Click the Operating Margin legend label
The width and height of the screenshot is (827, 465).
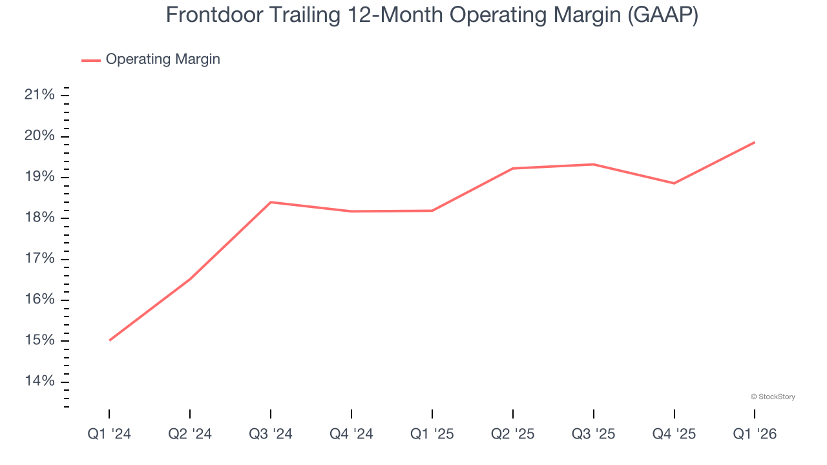click(163, 59)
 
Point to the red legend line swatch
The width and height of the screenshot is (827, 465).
click(91, 60)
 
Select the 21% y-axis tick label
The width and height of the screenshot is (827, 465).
click(39, 96)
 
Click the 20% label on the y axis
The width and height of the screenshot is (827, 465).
click(39, 136)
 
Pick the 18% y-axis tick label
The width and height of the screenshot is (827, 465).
click(39, 218)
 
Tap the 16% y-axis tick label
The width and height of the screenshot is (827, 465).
click(39, 300)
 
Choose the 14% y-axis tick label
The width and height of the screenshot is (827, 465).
click(39, 381)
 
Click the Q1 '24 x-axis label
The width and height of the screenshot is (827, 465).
click(109, 434)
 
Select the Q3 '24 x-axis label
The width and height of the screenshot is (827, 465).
click(271, 434)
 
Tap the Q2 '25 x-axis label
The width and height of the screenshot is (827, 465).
click(513, 434)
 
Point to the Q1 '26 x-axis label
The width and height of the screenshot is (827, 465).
click(755, 434)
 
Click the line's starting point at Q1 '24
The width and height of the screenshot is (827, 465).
click(110, 340)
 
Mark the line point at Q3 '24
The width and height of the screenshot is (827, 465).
click(271, 202)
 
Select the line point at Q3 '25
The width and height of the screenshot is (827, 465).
click(594, 164)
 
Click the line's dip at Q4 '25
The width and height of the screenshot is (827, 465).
click(675, 183)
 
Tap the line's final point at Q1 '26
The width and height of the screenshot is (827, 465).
click(755, 142)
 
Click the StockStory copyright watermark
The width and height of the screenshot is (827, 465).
click(773, 397)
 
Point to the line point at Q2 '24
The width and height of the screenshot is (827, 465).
click(190, 279)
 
